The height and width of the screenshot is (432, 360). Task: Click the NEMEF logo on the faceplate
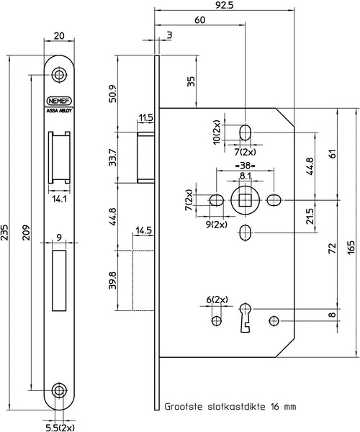(60, 101)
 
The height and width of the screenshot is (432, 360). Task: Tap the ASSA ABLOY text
(60, 110)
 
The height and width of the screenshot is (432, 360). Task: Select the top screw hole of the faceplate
(59, 75)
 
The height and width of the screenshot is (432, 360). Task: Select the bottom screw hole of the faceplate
(59, 390)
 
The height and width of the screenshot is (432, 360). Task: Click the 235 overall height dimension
(5, 233)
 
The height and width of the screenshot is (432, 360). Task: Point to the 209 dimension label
(26, 233)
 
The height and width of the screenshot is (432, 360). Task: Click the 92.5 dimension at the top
(224, 5)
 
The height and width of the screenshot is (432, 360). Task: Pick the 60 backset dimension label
(200, 20)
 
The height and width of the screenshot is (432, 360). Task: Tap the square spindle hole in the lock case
(245, 200)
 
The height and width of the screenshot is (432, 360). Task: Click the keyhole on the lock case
(245, 318)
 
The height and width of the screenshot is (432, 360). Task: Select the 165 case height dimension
(351, 248)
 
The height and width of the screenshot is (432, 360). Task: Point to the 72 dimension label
(333, 248)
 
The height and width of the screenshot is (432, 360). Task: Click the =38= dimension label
(245, 166)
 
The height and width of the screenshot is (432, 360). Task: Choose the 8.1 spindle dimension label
(245, 176)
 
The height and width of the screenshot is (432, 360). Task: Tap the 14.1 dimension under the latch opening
(60, 199)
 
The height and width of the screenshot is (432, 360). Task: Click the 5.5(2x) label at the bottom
(60, 428)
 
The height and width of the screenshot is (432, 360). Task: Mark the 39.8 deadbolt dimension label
(112, 281)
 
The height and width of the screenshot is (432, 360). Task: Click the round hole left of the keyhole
(216, 320)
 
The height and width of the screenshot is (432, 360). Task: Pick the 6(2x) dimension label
(217, 300)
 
